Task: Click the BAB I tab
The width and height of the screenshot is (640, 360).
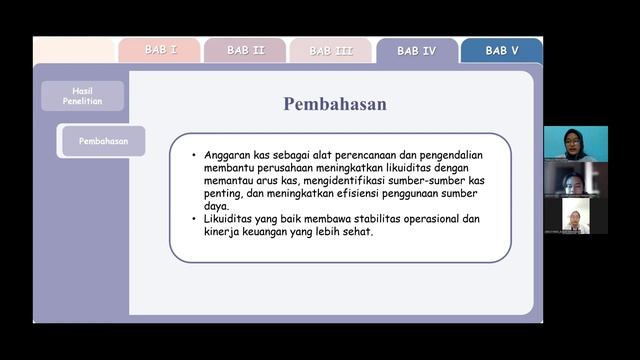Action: point(160,50)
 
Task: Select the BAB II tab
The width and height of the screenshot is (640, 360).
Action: point(245,50)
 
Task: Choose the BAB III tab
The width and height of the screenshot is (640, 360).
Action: point(330,51)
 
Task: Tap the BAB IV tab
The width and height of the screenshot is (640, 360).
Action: point(416,51)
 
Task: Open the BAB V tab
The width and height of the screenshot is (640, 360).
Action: point(502,50)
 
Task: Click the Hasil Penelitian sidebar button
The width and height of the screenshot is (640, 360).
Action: point(82,95)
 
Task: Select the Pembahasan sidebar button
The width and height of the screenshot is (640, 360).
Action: point(104,141)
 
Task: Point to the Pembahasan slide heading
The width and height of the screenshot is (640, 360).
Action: point(334,104)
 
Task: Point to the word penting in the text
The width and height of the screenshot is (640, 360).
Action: point(225,194)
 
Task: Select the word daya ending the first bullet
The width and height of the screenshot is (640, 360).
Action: point(217,207)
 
